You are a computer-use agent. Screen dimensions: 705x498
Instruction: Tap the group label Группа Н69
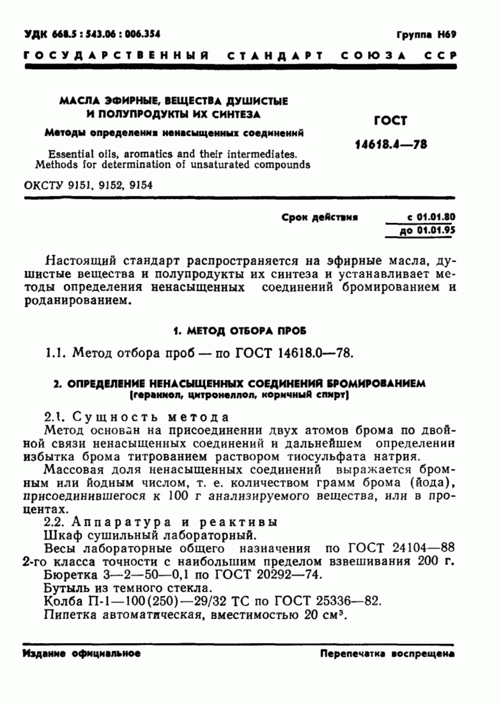(x=426, y=35)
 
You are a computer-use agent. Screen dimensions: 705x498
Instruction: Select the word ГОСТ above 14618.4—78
(x=391, y=120)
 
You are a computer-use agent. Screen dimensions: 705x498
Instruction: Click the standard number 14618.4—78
(x=391, y=145)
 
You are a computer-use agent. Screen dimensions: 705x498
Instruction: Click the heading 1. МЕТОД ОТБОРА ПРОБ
(x=239, y=331)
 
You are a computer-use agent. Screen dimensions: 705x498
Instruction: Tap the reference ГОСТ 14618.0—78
(x=294, y=353)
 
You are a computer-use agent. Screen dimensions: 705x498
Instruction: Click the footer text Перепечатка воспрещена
(x=387, y=653)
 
